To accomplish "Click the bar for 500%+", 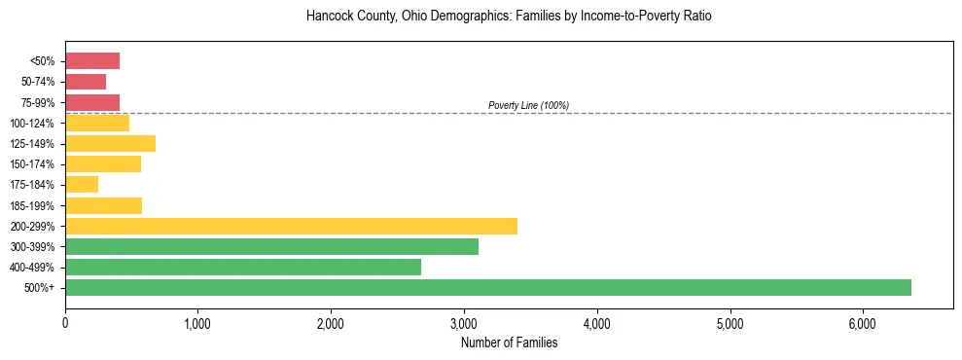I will click(x=487, y=287).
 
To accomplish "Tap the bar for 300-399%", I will click(x=271, y=246).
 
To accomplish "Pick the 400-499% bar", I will click(x=243, y=267).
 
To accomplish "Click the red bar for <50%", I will click(x=92, y=61).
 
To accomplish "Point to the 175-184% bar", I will click(x=82, y=185).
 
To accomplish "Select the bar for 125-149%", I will click(x=110, y=144).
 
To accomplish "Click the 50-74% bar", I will click(x=86, y=82).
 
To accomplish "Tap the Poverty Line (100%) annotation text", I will click(x=528, y=105).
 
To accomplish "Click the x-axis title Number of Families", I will click(x=509, y=342).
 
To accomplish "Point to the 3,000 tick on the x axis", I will click(x=464, y=324).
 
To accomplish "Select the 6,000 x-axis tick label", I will click(x=863, y=324).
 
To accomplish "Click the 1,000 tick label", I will click(x=197, y=324).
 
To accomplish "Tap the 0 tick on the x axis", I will click(x=65, y=324).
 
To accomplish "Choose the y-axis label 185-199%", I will click(x=32, y=205).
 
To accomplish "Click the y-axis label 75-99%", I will click(x=37, y=102).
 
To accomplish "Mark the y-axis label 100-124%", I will click(x=32, y=124).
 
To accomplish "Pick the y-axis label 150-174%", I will click(x=32, y=164).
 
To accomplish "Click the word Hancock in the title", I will click(x=328, y=17).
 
